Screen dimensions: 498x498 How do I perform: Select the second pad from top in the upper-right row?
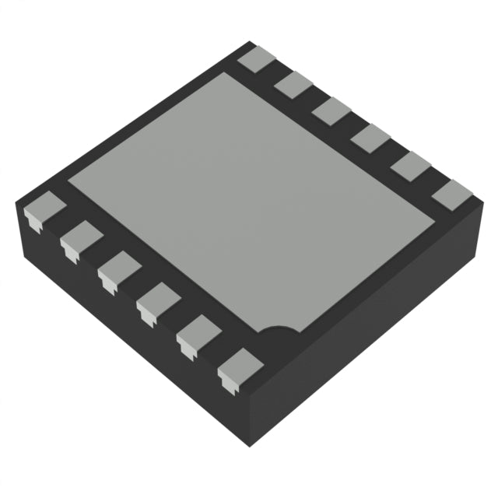[x=293, y=85]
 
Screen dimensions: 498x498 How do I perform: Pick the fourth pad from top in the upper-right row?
[x=370, y=138]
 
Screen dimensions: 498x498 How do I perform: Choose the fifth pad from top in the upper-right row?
[x=411, y=166]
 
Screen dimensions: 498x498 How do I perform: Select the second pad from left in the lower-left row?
[x=79, y=239]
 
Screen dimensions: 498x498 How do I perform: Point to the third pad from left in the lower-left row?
[x=118, y=268]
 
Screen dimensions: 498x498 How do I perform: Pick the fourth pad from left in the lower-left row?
[x=158, y=299]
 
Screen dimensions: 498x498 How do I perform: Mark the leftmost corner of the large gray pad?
[x=69, y=182]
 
